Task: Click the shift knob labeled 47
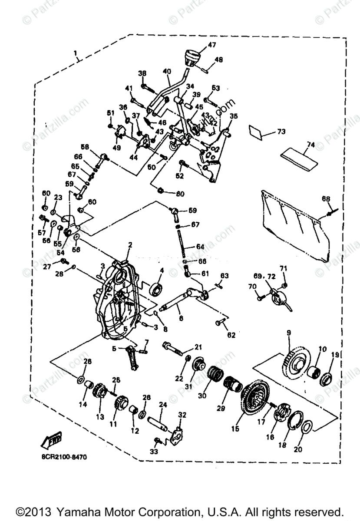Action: click(x=191, y=57)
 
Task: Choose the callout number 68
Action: click(x=326, y=199)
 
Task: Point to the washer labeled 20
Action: click(x=306, y=427)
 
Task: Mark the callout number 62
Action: click(x=231, y=335)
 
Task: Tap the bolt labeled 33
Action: click(x=158, y=440)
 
